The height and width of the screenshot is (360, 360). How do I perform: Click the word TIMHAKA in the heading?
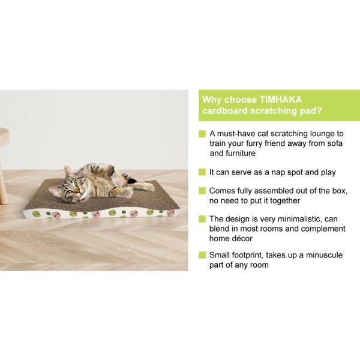click(x=277, y=100)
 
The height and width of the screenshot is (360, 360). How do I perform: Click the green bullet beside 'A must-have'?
click(x=202, y=133)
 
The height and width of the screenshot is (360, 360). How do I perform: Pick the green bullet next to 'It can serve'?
click(x=202, y=172)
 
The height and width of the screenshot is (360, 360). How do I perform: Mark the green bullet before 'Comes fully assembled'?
click(x=202, y=191)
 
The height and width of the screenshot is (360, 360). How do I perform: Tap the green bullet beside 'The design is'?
click(x=202, y=219)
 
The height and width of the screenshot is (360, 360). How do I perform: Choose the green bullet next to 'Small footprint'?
click(x=202, y=254)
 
